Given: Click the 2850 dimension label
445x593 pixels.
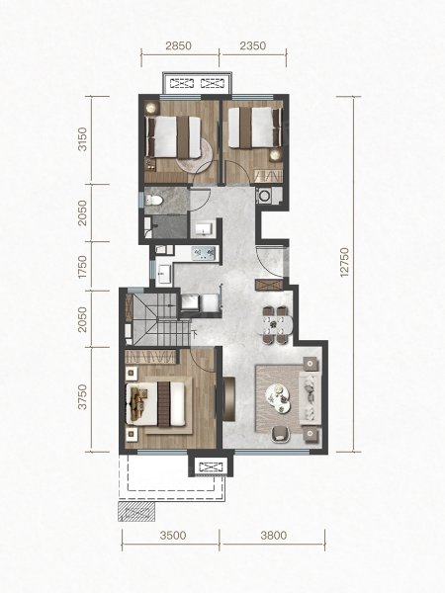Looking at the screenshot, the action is coord(179,45).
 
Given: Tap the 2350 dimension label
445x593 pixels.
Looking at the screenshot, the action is coord(253,45).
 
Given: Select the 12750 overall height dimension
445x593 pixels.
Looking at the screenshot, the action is coord(344,263).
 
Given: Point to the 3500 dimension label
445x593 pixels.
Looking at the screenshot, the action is coord(173,536).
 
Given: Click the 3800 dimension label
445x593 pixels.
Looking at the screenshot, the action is coord(274,536).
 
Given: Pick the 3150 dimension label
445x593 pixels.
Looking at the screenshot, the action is coord(82,139).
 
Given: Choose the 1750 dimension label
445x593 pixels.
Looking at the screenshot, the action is coord(82,267).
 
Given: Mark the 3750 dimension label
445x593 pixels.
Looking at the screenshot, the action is coord(82,397).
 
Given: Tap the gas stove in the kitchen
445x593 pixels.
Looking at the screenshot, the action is coord(204,253).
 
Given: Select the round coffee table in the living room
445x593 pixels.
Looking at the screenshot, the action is coord(280,398).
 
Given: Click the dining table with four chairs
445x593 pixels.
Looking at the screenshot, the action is coord(276,324).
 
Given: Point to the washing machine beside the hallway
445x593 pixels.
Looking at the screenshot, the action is coord(263,196).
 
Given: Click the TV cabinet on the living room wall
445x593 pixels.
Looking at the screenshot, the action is coord(229,398).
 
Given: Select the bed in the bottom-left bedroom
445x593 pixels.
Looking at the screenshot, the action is coord(156,404).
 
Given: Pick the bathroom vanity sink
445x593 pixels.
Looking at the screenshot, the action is coord(205,229).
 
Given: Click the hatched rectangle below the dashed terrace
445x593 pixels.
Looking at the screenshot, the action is coord(136,512).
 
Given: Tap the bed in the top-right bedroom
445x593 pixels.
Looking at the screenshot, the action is coord(255,127).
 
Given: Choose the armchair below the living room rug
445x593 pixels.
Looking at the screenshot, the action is coord(280,434).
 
